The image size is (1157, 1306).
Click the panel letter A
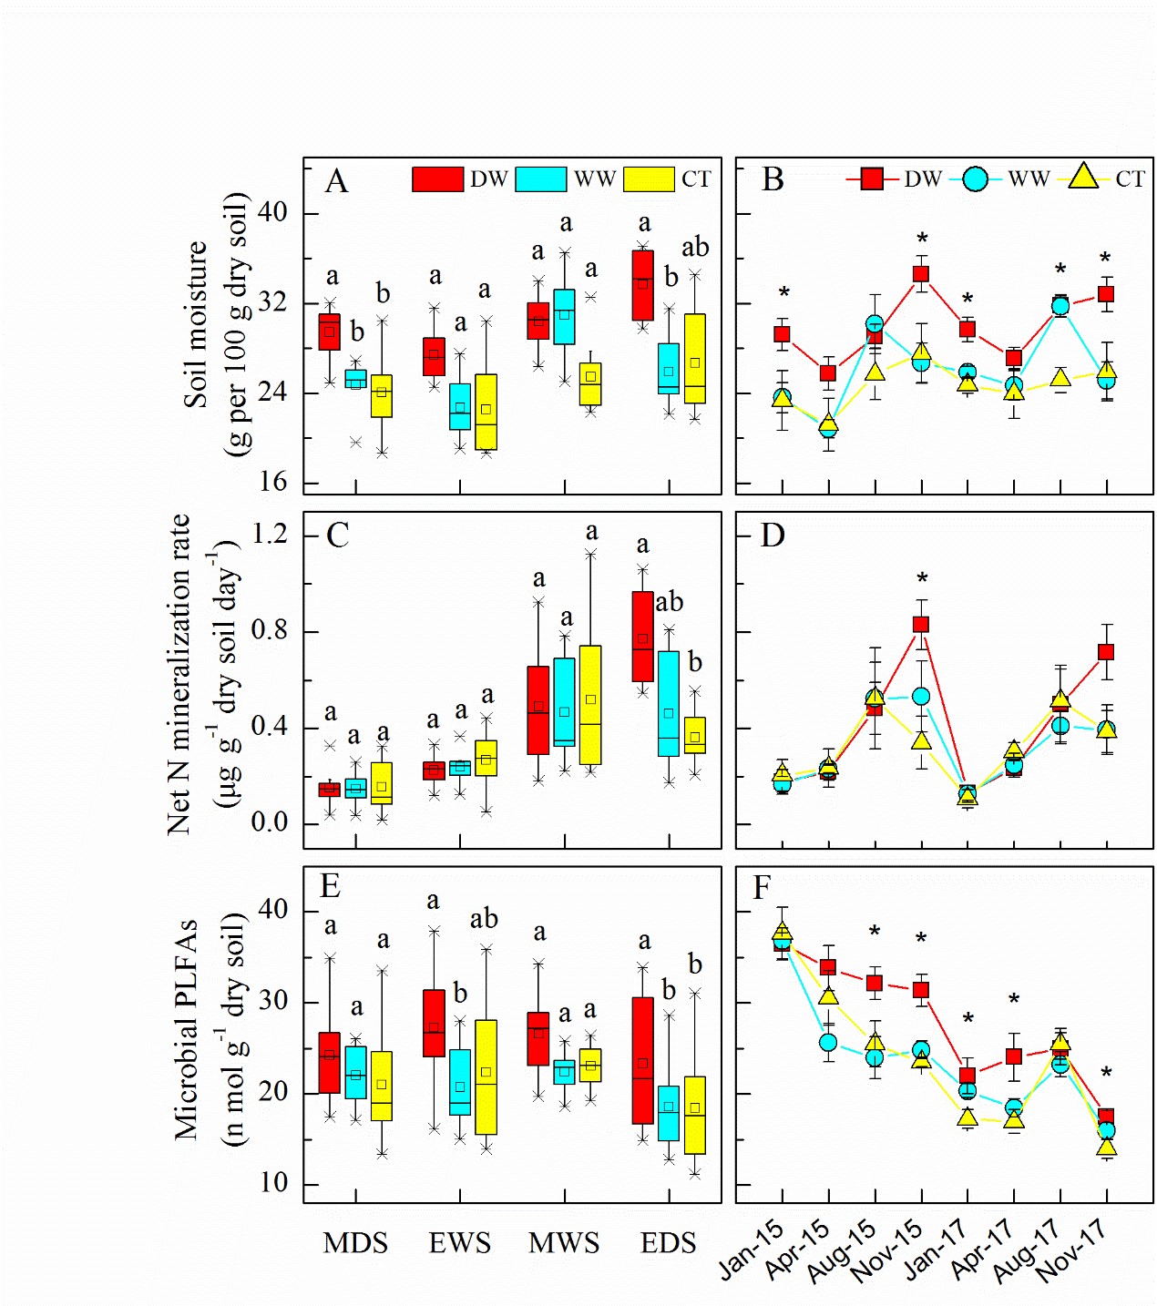[337, 181]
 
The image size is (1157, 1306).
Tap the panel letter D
[773, 535]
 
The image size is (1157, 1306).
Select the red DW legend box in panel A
[437, 179]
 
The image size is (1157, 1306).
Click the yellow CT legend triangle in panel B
[1083, 178]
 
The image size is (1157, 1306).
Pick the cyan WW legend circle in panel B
[975, 179]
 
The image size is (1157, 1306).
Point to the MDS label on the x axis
[355, 1243]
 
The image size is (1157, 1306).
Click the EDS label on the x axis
[668, 1243]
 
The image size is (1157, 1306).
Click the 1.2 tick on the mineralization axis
[270, 534]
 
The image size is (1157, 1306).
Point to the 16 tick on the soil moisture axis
[272, 482]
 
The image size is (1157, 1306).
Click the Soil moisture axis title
[196, 324]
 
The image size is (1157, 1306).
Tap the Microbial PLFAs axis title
[186, 1029]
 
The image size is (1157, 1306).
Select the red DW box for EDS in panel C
[643, 637]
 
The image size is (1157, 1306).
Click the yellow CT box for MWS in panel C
[590, 705]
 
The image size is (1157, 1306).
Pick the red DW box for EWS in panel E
[435, 1024]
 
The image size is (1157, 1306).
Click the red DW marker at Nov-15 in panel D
[921, 624]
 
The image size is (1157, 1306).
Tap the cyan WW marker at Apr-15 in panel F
[828, 1042]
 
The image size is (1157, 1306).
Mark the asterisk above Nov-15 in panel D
[922, 579]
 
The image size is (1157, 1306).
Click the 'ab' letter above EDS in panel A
[695, 248]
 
